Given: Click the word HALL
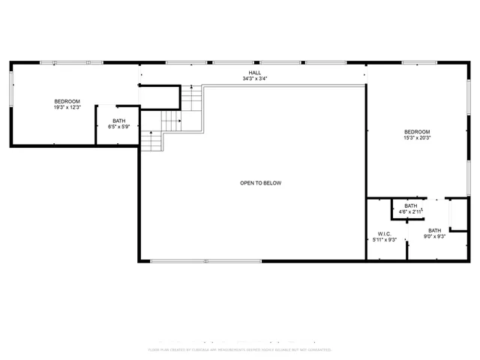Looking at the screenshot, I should pyautogui.click(x=254, y=73).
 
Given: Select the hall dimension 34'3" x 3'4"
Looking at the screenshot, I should pyautogui.click(x=254, y=79).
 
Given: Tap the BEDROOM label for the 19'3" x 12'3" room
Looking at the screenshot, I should pyautogui.click(x=67, y=101).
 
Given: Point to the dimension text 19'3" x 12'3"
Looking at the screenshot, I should pyautogui.click(x=67, y=107).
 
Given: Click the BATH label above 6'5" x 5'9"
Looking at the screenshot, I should pyautogui.click(x=119, y=121).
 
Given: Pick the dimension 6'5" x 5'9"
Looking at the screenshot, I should pyautogui.click(x=119, y=127).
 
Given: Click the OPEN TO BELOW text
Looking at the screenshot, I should pyautogui.click(x=260, y=183).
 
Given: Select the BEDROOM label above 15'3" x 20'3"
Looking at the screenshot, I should pyautogui.click(x=417, y=131).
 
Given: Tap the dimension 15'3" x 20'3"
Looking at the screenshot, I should pyautogui.click(x=417, y=137).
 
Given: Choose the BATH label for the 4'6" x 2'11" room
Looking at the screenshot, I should pyautogui.click(x=411, y=205).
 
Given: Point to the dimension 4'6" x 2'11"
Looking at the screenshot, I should pyautogui.click(x=411, y=211).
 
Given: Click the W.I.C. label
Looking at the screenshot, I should pyautogui.click(x=385, y=233).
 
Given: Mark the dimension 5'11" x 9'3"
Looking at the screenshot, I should pyautogui.click(x=385, y=239).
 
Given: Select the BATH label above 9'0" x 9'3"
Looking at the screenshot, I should pyautogui.click(x=435, y=230).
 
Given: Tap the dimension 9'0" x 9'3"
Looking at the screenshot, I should pyautogui.click(x=435, y=236).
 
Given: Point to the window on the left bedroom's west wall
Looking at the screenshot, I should pyautogui.click(x=10, y=91).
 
